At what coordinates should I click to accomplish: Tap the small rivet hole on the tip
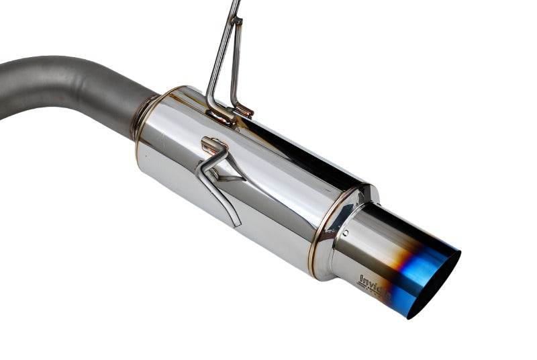(x=346, y=233)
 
